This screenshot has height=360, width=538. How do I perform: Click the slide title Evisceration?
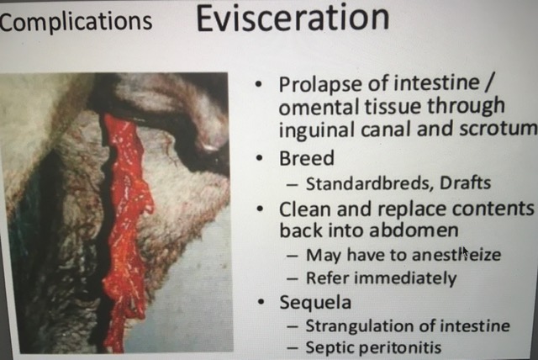(293, 19)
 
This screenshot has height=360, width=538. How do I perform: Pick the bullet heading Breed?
(306, 158)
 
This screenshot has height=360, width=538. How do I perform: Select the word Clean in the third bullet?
(304, 209)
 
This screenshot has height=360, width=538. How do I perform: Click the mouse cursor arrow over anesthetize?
(465, 253)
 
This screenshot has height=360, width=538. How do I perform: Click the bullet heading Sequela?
(315, 302)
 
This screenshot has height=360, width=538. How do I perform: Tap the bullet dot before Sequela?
(261, 302)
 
